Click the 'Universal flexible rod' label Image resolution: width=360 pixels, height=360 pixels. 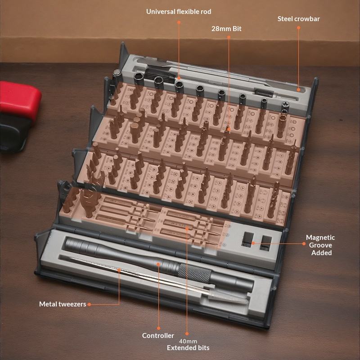[179, 12]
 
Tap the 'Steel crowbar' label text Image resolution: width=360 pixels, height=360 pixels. [298, 19]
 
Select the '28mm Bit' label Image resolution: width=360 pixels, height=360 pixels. [226, 29]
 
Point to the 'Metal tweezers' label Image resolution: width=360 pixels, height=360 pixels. [63, 304]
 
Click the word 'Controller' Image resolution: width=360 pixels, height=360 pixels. [158, 335]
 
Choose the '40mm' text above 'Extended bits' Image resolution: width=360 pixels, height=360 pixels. [188, 342]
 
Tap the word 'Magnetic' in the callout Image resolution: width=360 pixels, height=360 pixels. [320, 238]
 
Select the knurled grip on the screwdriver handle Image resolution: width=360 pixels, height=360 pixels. [194, 273]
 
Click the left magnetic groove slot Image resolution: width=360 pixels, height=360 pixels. [248, 239]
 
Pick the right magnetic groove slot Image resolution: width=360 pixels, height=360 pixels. [265, 243]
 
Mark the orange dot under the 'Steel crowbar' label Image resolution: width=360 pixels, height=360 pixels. [298, 27]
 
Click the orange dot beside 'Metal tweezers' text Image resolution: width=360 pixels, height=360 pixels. [89, 305]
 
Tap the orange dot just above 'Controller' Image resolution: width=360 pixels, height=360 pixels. [158, 328]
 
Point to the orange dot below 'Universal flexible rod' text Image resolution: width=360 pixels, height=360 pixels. [179, 22]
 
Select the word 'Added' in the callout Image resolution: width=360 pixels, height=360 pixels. [321, 253]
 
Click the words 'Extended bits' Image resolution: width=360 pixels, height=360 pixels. [188, 348]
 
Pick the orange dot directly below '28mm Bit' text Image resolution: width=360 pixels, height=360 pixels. [229, 37]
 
